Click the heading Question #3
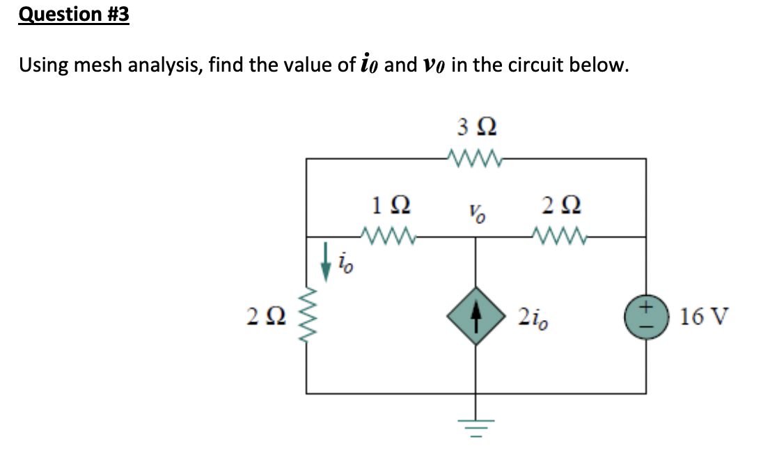[74, 15]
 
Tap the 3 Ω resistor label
[477, 127]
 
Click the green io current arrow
[325, 261]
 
